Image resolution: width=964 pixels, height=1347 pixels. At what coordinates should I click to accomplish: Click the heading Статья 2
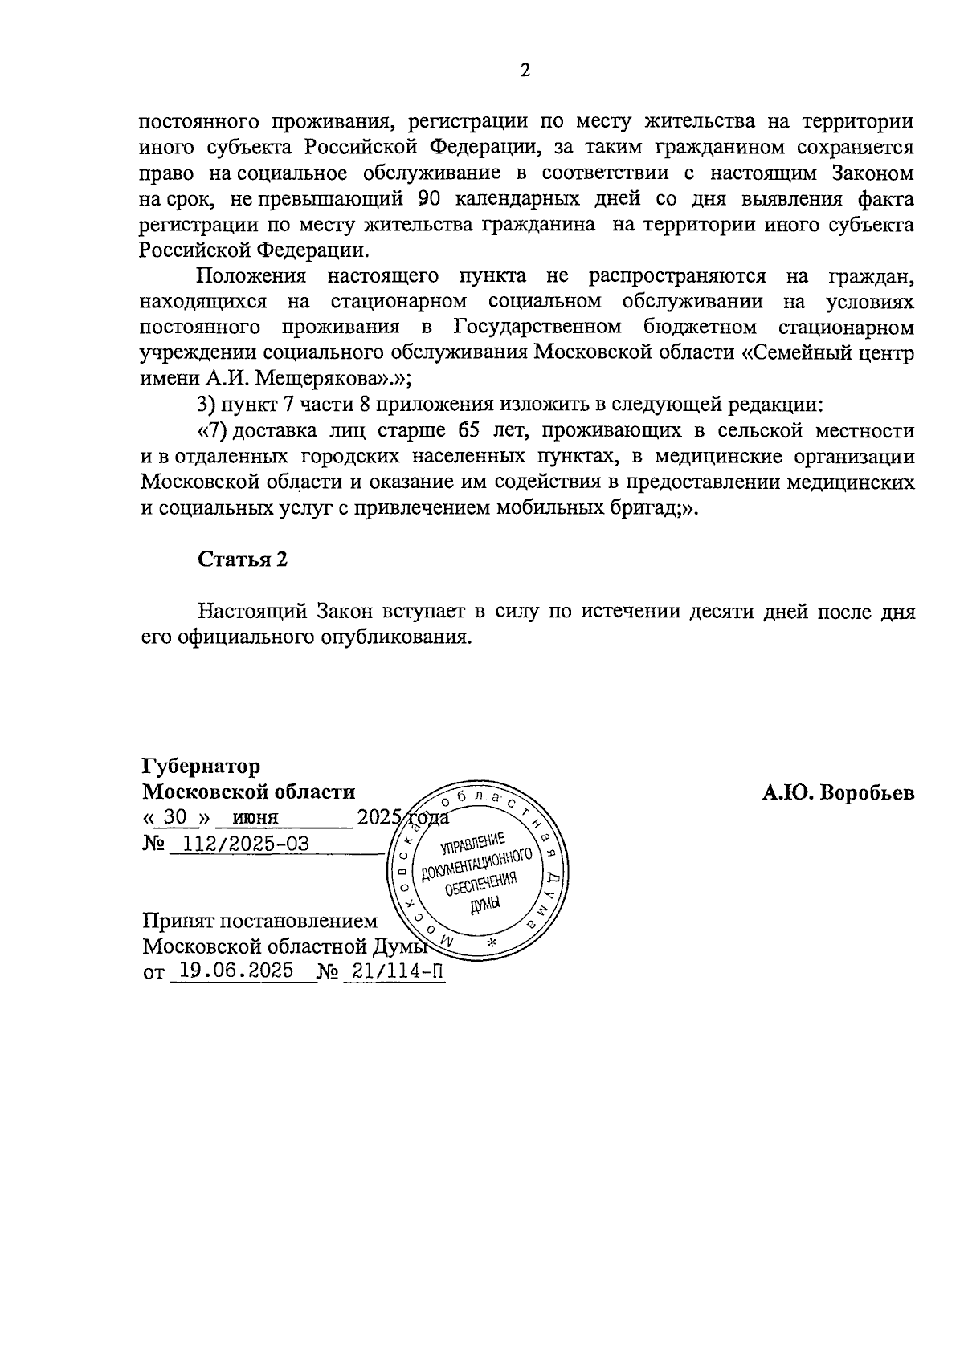[243, 560]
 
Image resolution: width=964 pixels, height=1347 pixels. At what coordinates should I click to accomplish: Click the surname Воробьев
[868, 793]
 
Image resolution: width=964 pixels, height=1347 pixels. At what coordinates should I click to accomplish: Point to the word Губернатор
[201, 766]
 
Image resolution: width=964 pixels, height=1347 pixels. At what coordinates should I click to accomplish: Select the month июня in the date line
[255, 818]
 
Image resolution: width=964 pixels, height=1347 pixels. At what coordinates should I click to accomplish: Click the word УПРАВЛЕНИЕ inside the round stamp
[473, 843]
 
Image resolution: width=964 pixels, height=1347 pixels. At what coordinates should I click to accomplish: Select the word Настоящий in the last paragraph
[253, 611]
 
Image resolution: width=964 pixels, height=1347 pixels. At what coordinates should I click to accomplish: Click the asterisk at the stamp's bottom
[493, 942]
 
